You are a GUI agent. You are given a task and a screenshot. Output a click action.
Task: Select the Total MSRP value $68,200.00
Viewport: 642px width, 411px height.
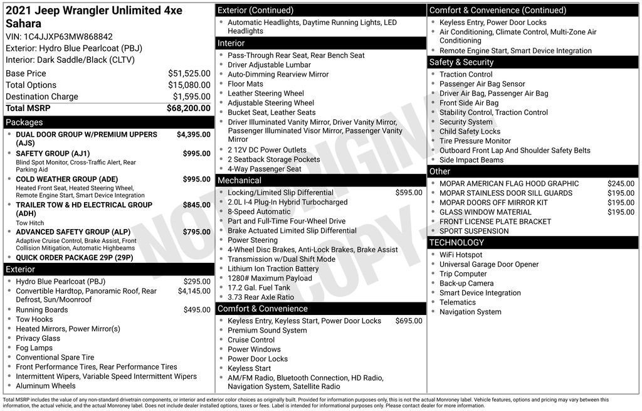pos(188,108)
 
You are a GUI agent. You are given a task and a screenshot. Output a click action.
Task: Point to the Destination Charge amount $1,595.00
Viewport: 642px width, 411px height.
pos(191,97)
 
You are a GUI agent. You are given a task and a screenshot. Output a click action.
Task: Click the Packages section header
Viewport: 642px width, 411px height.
pos(24,122)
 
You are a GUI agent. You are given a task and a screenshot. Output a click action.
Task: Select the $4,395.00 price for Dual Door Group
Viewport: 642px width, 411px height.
pos(193,134)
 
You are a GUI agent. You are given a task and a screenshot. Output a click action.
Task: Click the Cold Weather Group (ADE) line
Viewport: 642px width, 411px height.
pos(65,179)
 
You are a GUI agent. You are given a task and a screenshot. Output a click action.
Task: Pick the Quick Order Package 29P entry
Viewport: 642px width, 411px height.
pos(74,257)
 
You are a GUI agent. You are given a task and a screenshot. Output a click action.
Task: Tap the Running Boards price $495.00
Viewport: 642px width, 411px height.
pos(197,310)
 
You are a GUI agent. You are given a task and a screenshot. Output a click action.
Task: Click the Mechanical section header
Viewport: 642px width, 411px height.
pos(239,181)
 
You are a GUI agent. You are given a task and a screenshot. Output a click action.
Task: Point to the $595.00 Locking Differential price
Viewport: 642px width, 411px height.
pos(409,193)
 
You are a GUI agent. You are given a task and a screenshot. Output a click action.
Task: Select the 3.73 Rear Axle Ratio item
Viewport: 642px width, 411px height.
pos(260,297)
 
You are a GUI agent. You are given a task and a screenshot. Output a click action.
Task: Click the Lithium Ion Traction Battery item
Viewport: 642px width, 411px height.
pos(273,269)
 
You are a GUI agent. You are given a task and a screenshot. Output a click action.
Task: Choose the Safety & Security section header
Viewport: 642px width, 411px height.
pos(461,62)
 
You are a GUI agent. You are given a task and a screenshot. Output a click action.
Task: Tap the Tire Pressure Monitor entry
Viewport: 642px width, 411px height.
pos(475,141)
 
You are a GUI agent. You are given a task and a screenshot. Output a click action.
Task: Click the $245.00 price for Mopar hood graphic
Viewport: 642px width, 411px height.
pos(621,184)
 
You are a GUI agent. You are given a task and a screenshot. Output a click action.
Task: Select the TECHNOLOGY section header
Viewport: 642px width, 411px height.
pos(456,243)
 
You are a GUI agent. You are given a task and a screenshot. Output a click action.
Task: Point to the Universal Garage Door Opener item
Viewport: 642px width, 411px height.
pos(488,264)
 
